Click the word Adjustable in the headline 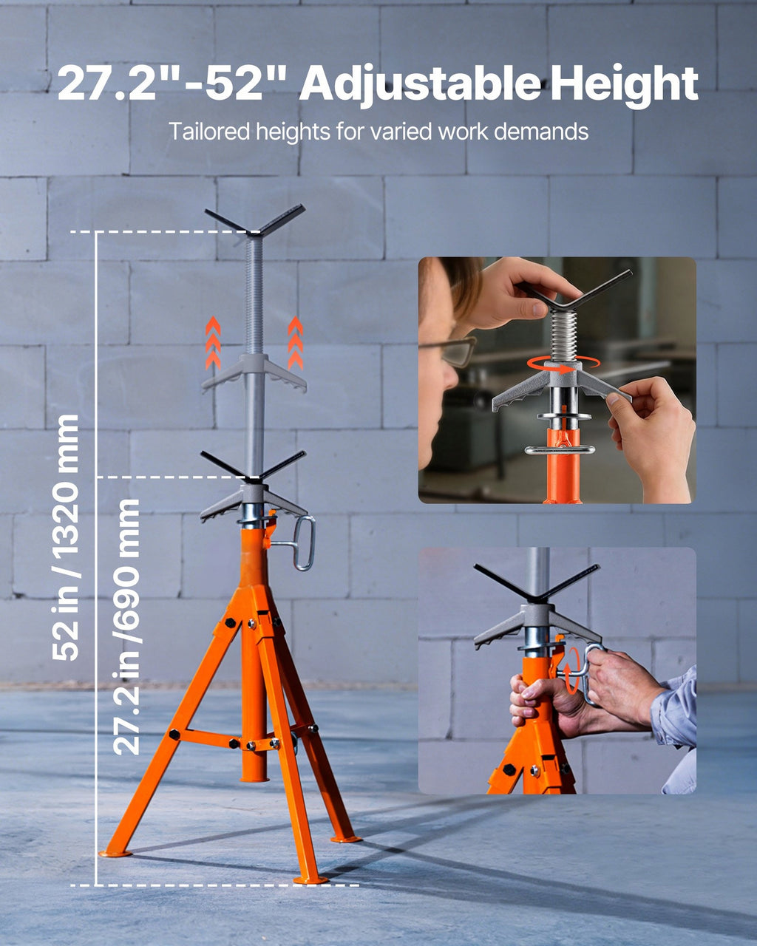(x=420, y=84)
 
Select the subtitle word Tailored (x=209, y=132)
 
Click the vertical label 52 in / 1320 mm (x=65, y=537)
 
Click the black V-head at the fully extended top (x=255, y=221)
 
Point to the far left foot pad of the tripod (x=115, y=853)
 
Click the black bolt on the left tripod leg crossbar (x=174, y=734)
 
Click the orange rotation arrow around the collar (x=564, y=364)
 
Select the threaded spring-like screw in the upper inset (x=565, y=334)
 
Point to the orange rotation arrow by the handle (x=573, y=671)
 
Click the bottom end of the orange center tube (x=254, y=778)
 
